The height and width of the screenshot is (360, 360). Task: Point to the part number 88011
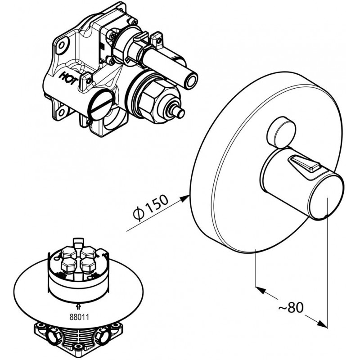tap(79, 316)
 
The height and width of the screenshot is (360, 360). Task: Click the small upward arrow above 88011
tap(79, 307)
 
